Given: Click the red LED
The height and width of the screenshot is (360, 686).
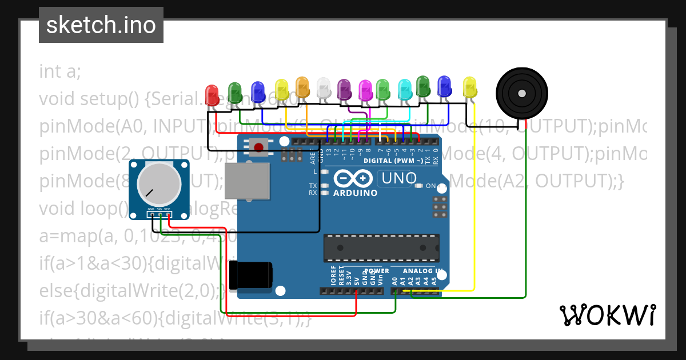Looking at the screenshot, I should (212, 93).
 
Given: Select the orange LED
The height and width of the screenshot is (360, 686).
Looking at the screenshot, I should (302, 87).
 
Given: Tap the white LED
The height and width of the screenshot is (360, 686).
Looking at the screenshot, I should (324, 88).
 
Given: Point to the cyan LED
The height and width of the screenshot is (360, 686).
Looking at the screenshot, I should (404, 89).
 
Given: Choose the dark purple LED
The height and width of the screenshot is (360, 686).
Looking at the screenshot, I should (344, 89).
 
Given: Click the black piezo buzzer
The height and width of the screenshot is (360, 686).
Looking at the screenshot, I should (521, 93).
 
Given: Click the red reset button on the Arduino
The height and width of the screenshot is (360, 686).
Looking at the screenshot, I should (259, 147).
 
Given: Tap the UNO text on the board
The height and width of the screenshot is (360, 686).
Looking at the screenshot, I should (398, 179).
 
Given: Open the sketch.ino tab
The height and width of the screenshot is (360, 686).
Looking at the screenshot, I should (101, 25).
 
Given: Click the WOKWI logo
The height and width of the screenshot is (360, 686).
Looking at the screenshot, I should (607, 315).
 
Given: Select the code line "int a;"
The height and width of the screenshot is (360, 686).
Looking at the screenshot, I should (60, 72).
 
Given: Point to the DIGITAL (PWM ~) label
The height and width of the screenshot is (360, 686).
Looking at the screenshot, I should (393, 161).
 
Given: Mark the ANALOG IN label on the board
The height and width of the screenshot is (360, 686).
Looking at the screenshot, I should (422, 271).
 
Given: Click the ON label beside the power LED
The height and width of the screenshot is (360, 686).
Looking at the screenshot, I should (430, 186).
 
